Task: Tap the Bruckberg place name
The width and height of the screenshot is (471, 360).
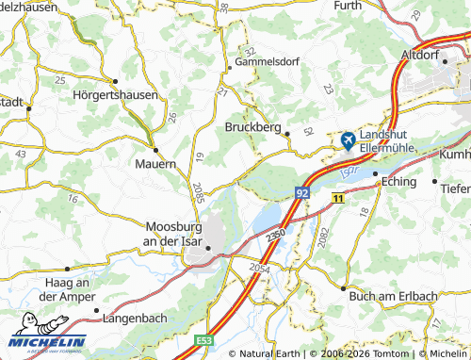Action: [254, 126]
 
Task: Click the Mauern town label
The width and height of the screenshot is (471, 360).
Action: [156, 163]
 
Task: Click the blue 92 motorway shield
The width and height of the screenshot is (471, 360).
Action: [301, 192]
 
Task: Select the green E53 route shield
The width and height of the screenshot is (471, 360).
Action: [206, 339]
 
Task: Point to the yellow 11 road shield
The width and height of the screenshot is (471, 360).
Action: [338, 196]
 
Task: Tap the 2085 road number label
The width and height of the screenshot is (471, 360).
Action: [197, 190]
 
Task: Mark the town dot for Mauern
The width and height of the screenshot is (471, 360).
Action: [155, 148]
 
